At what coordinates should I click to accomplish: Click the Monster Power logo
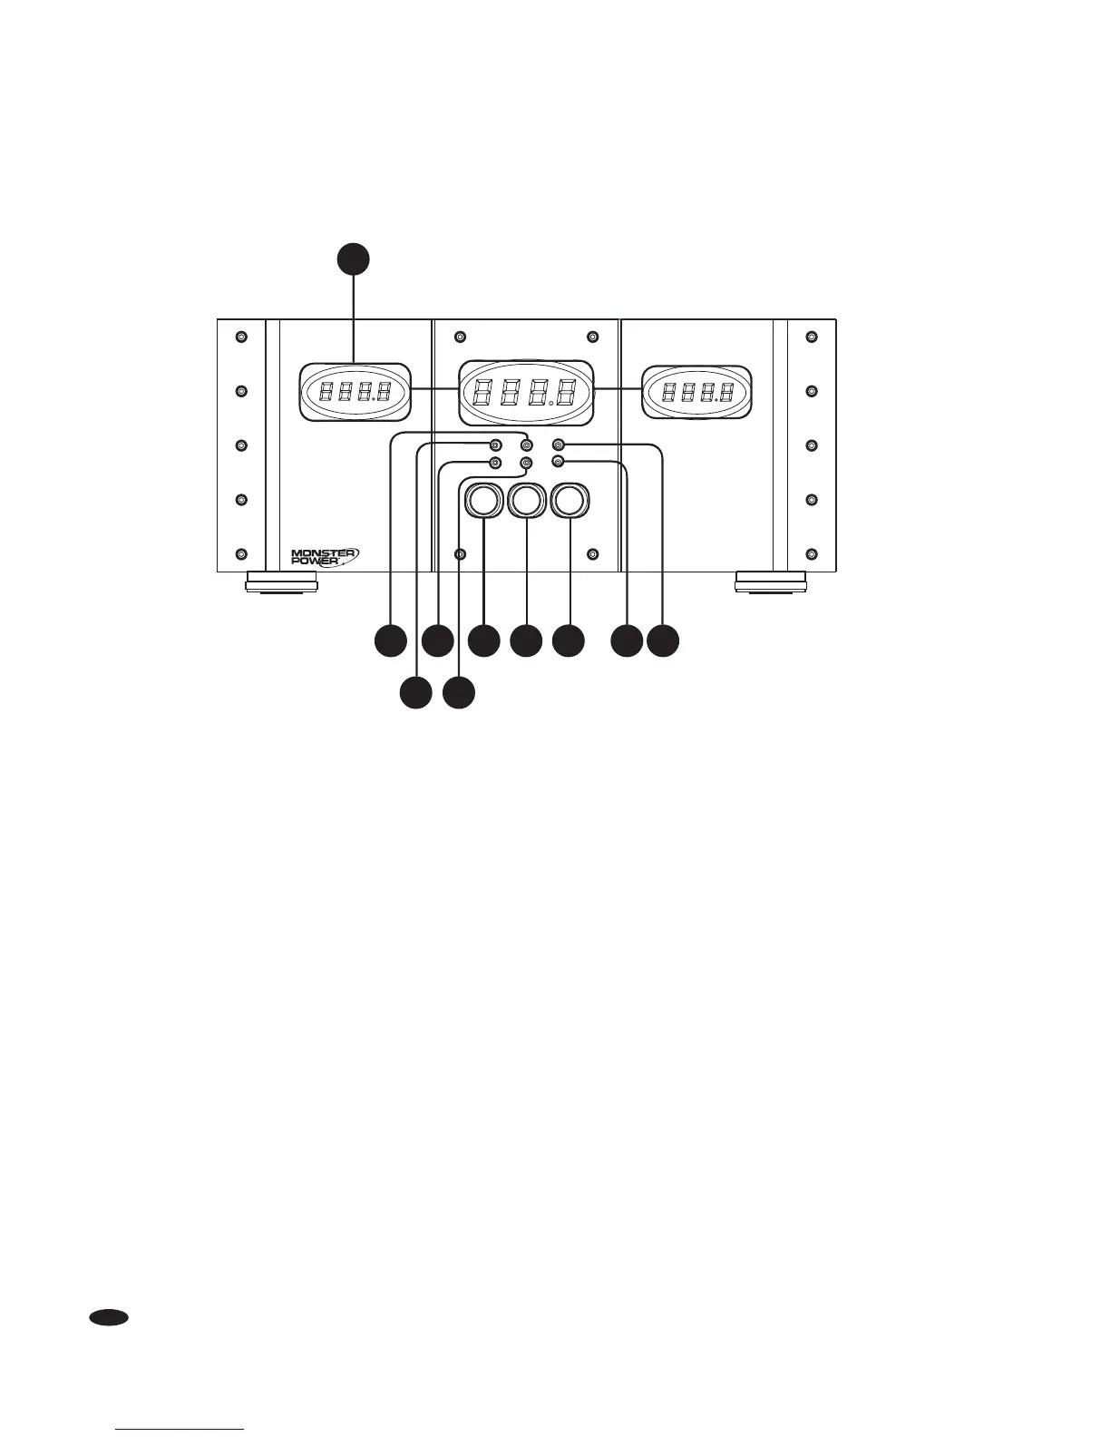click(325, 555)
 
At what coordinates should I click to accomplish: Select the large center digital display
click(526, 393)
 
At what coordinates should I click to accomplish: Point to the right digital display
click(696, 392)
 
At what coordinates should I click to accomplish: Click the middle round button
click(526, 500)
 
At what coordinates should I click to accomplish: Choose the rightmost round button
click(570, 500)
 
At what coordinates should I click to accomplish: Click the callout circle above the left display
click(354, 258)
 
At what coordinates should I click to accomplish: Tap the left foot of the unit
click(282, 581)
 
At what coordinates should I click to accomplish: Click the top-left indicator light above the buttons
click(495, 445)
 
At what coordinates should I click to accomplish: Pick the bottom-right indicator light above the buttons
click(558, 463)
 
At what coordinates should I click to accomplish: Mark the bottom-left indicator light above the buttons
click(495, 463)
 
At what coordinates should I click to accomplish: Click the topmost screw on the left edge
click(240, 337)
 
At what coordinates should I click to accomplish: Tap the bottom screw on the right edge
click(812, 554)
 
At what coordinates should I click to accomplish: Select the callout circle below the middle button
click(526, 640)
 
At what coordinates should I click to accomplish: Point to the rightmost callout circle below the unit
click(662, 640)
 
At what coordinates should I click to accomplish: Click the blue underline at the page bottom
click(180, 1430)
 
